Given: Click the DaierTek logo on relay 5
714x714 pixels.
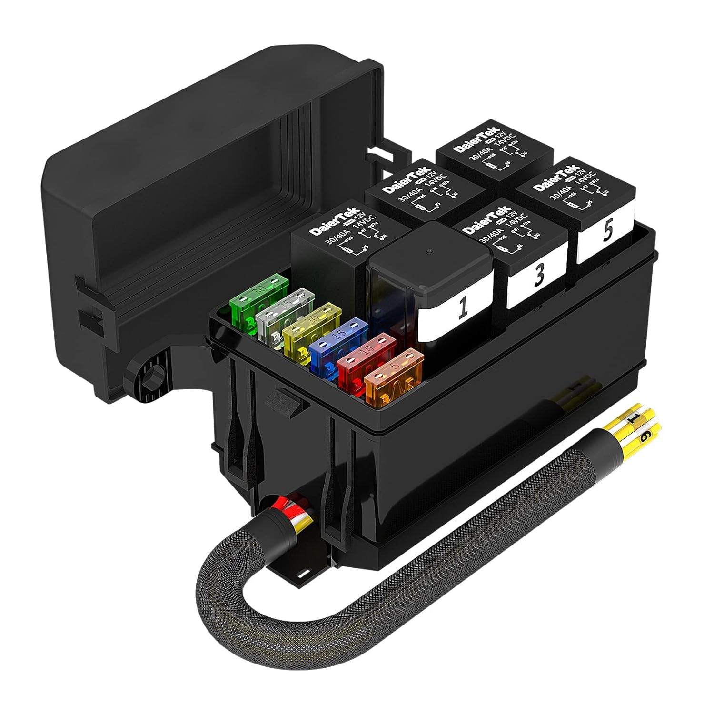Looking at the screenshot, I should (x=555, y=178).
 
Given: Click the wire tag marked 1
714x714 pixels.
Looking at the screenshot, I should (x=635, y=418).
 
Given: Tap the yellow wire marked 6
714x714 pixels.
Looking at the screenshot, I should (x=644, y=439).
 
